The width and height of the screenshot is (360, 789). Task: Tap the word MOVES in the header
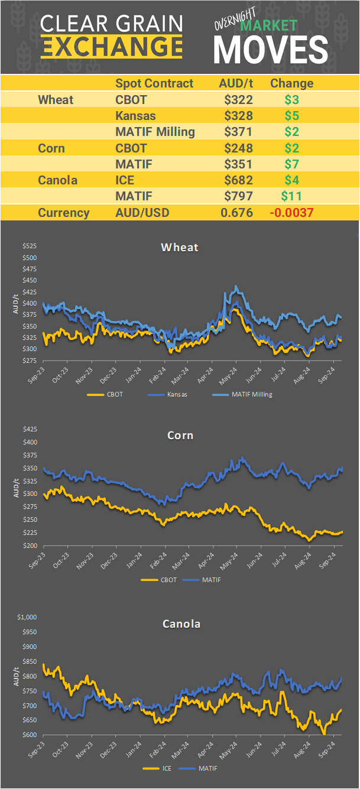tap(271, 50)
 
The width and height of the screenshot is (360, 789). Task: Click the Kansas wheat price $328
tap(238, 115)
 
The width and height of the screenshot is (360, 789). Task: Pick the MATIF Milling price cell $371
tap(238, 131)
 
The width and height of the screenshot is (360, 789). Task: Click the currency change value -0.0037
tap(292, 213)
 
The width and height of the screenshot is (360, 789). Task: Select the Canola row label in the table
tap(57, 180)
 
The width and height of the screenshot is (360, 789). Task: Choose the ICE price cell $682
tap(238, 180)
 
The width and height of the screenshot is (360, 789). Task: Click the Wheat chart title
tap(180, 247)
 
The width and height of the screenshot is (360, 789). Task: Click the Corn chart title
tap(180, 436)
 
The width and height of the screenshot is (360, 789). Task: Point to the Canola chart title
tap(180, 624)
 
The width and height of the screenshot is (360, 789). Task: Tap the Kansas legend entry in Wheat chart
tap(176, 394)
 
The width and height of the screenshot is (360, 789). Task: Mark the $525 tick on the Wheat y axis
tap(30, 246)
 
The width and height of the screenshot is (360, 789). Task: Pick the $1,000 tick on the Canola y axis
tap(28, 618)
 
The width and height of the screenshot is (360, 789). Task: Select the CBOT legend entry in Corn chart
tap(167, 580)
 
